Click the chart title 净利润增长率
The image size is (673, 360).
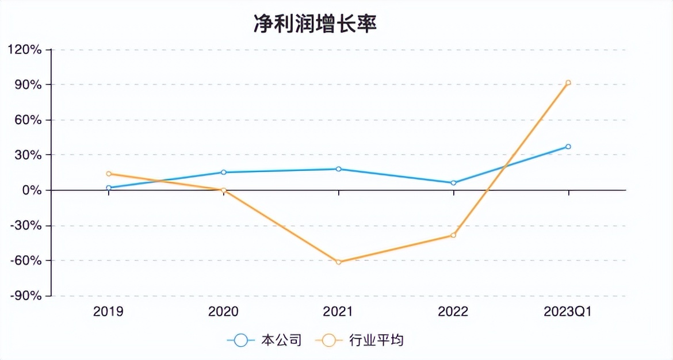315,24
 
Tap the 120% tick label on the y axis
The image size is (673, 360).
25,49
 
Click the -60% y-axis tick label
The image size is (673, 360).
26,261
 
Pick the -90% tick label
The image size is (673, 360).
26,296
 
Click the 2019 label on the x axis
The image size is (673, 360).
108,312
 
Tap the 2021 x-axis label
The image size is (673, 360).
338,312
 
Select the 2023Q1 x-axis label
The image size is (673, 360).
568,312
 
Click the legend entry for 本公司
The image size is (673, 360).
265,340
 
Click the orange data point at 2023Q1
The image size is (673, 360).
568,83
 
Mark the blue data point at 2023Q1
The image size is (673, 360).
568,147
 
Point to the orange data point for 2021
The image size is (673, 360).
338,262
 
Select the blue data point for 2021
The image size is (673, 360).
338,169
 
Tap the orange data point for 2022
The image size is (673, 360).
453,235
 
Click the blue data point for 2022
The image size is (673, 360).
453,183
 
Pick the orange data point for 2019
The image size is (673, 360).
109,174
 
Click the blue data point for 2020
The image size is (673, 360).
223,173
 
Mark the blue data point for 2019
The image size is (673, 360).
109,187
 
